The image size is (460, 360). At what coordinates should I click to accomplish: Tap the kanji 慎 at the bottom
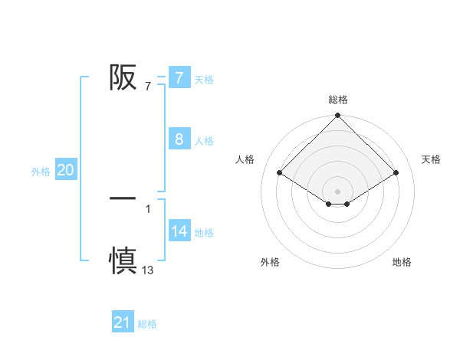(x=123, y=260)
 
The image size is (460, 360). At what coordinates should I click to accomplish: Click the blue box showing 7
(x=179, y=77)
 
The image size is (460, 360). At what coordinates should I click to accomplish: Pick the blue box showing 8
(x=179, y=139)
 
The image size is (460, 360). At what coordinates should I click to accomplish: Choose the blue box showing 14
(x=179, y=231)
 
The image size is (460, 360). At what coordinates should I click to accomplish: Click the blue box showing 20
(x=66, y=170)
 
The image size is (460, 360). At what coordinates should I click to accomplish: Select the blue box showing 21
(x=122, y=322)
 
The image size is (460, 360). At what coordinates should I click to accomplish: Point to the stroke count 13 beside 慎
(x=148, y=270)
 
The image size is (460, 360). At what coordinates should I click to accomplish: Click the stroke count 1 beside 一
(x=148, y=208)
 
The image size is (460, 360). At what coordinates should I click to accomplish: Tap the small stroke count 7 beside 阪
(x=148, y=86)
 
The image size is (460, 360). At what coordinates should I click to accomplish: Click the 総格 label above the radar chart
(x=338, y=100)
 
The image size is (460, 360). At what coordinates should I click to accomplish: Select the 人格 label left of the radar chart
(x=245, y=159)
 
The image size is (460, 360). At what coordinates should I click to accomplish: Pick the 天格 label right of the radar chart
(x=431, y=159)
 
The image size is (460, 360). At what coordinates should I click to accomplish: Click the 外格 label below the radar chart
(x=270, y=262)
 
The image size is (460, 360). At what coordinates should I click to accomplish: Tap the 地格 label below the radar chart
(x=402, y=262)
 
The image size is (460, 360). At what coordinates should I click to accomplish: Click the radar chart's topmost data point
(x=338, y=116)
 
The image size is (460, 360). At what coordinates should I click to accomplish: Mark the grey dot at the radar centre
(x=338, y=191)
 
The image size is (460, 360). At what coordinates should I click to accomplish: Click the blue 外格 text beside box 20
(x=41, y=172)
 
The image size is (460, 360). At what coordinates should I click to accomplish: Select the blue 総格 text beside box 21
(x=147, y=324)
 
